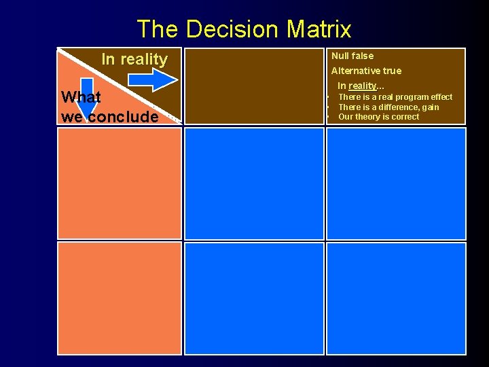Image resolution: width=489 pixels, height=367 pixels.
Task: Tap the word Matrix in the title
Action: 319,29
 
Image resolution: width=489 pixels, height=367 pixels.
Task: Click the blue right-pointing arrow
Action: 152,80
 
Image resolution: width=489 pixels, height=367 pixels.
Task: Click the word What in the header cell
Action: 81,97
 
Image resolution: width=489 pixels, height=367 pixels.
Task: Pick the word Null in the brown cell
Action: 341,56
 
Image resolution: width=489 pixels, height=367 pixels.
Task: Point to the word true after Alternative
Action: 392,71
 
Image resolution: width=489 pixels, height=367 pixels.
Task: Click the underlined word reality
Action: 362,86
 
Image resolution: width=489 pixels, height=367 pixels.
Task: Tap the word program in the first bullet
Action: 414,97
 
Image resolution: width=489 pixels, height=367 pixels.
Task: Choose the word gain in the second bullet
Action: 431,107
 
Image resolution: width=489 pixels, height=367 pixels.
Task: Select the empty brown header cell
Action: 254,86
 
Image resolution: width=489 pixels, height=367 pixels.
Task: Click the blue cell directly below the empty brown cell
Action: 254,183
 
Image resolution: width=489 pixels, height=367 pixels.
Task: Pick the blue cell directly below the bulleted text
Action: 396,183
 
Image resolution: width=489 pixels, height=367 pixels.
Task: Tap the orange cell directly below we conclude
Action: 120,183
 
